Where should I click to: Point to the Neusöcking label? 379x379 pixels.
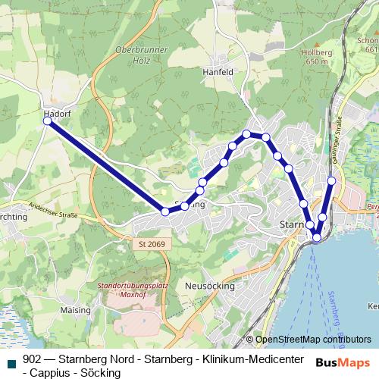(206, 286)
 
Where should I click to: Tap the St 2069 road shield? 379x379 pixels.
(152, 244)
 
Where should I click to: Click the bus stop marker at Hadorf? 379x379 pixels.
(49, 121)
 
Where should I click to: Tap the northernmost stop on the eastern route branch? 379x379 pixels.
(332, 180)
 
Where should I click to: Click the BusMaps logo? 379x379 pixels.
(343, 363)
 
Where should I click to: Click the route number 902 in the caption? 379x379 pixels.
(33, 359)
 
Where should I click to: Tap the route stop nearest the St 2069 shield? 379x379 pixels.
(165, 211)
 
